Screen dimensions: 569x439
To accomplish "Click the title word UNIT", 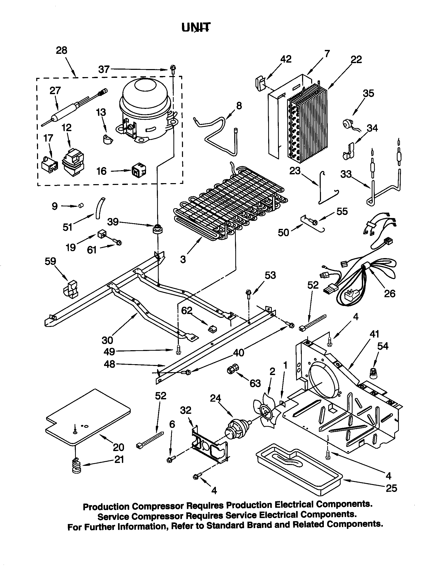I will coord(196,27).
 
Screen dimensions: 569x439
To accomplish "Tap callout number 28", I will coord(62,50).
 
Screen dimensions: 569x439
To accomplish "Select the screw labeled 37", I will coord(172,68).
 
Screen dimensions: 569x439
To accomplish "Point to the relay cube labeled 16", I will coord(139,170).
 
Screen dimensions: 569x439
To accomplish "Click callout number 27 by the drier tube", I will coord(55,91).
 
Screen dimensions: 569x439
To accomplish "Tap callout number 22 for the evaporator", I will coord(356,60).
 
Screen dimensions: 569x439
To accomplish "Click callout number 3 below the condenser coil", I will coord(183,259).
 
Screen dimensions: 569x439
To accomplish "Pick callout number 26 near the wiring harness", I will coord(390,294).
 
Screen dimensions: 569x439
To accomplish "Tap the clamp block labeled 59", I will coord(70,289).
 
